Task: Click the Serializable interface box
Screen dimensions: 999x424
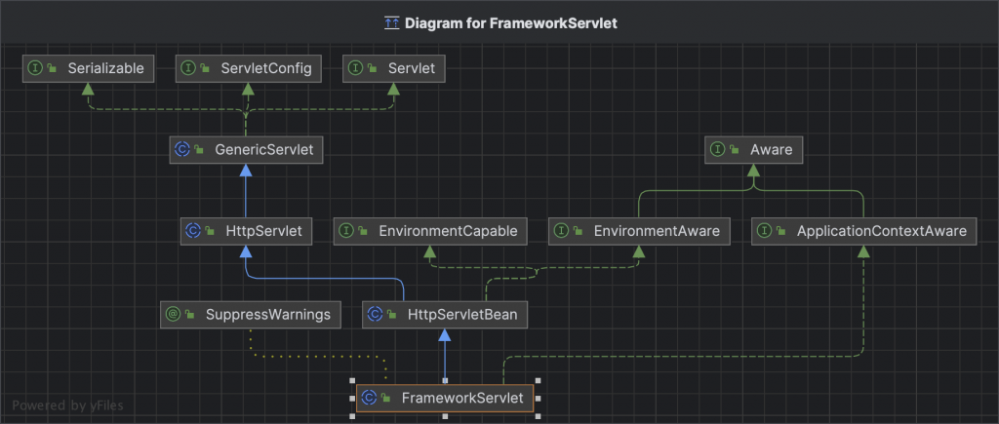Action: click(x=89, y=69)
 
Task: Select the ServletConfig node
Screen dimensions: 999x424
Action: click(x=249, y=69)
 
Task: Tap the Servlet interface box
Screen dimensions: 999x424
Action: click(x=394, y=69)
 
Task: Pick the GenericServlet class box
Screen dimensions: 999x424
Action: click(x=246, y=150)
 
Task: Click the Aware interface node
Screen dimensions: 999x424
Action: click(x=754, y=150)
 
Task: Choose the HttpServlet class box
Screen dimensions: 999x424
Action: click(x=246, y=231)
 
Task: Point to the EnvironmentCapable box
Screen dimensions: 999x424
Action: click(x=430, y=231)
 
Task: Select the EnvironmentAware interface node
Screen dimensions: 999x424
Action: click(x=639, y=231)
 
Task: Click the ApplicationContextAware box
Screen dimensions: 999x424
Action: click(x=863, y=231)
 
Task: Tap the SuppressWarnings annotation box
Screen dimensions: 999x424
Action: click(x=251, y=315)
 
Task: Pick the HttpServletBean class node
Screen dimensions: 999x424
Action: click(x=445, y=315)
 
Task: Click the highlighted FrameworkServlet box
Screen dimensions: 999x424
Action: click(x=445, y=399)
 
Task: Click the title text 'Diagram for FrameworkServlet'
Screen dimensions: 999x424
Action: click(x=511, y=23)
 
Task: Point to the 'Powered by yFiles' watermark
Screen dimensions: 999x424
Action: click(x=68, y=405)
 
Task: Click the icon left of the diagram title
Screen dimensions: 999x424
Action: click(x=392, y=23)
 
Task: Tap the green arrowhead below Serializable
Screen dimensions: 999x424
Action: click(x=88, y=89)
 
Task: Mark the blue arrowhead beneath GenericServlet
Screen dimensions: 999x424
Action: click(x=246, y=171)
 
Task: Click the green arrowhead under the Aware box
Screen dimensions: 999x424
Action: click(x=754, y=171)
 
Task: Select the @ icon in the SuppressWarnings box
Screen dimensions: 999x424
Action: click(x=173, y=315)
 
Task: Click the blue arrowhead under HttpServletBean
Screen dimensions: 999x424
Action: click(x=445, y=335)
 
